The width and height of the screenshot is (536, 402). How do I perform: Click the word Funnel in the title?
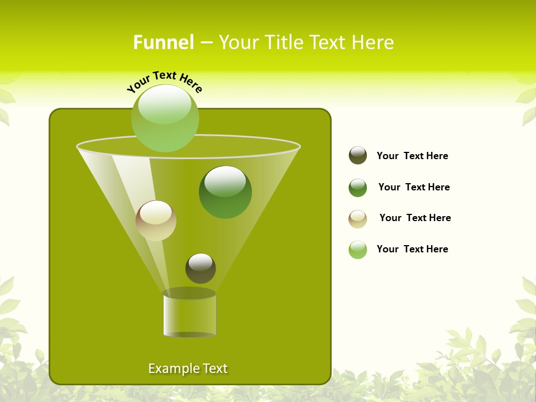coord(164,42)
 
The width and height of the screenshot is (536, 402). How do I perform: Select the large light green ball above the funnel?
coord(165,118)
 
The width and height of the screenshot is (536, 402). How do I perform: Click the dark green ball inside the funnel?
coord(225,193)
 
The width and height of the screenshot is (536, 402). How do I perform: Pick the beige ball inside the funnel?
coord(156,221)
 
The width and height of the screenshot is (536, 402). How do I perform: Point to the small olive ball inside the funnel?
coord(200,269)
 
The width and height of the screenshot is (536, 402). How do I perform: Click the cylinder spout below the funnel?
coord(189,314)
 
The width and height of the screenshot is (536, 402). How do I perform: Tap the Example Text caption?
coord(188,368)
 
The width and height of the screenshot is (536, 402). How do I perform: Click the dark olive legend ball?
coord(358,156)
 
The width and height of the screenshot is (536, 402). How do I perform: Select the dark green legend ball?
coord(358,188)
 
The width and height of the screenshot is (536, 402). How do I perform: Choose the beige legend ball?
coord(358,219)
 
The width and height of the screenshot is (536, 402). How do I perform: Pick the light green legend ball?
coord(358,250)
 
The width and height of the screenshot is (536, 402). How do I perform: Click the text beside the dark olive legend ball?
coord(413,156)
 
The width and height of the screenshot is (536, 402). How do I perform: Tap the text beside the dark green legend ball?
coord(414,187)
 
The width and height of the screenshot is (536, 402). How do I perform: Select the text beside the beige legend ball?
coord(415,218)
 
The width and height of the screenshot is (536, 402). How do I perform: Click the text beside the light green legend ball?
coord(413,249)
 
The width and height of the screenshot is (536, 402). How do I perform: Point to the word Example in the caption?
coord(171,368)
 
